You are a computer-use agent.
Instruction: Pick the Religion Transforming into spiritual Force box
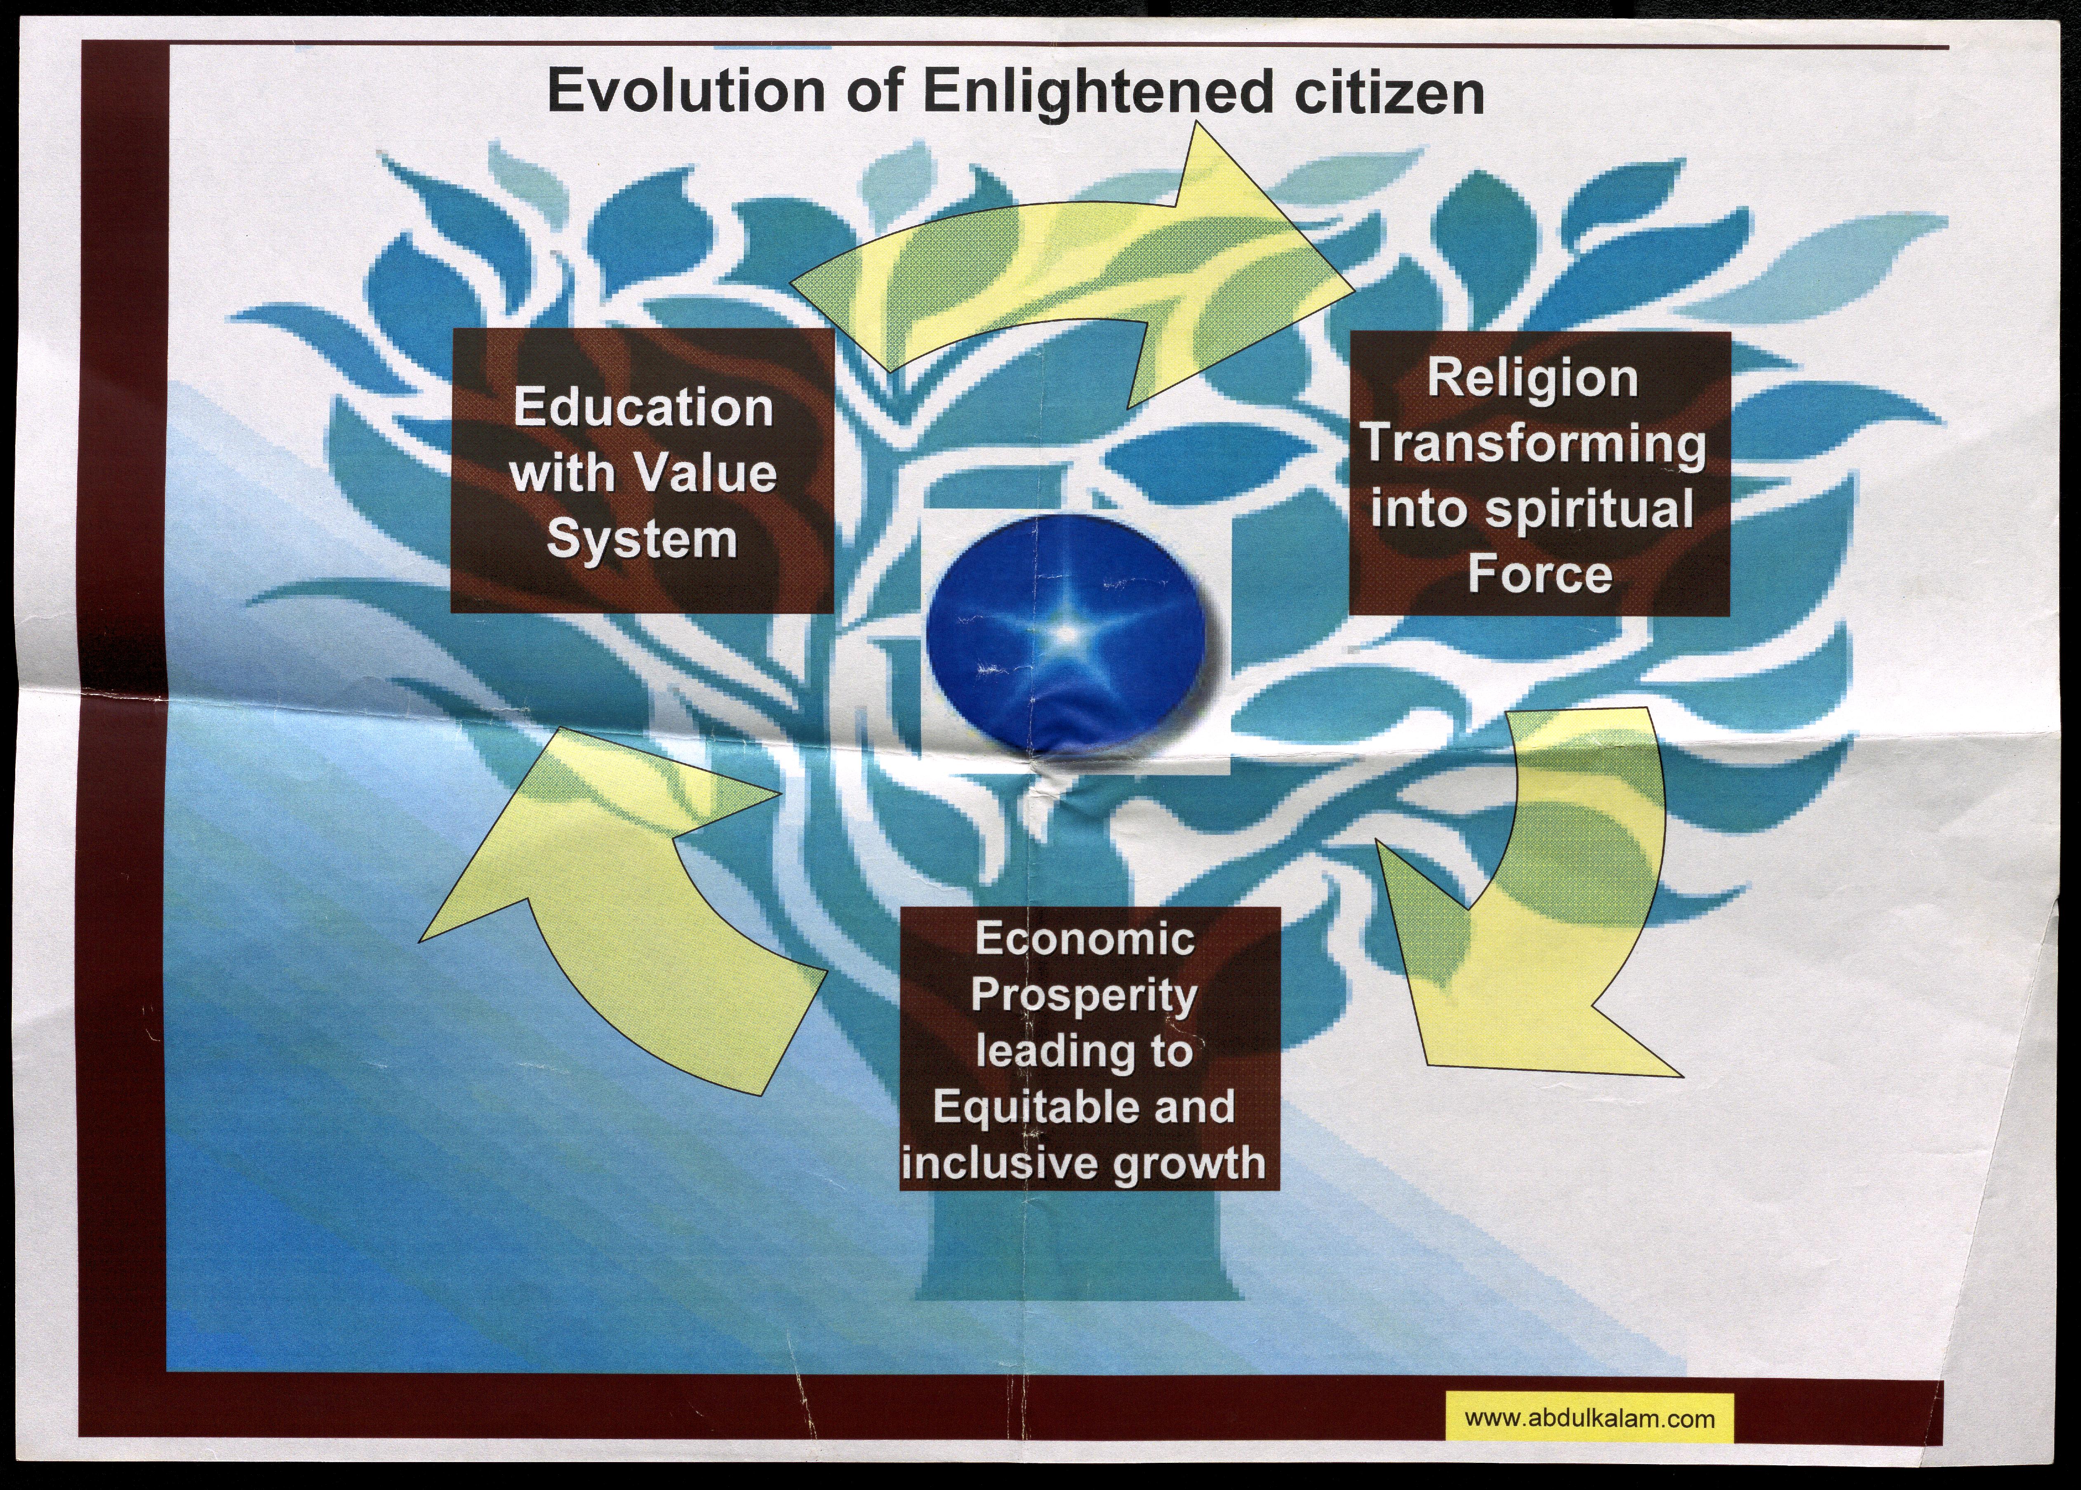pos(1540,473)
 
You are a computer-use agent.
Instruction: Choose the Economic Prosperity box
pos(1089,1049)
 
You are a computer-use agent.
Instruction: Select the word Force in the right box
pos(1540,575)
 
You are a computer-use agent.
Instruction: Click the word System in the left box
pos(642,540)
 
